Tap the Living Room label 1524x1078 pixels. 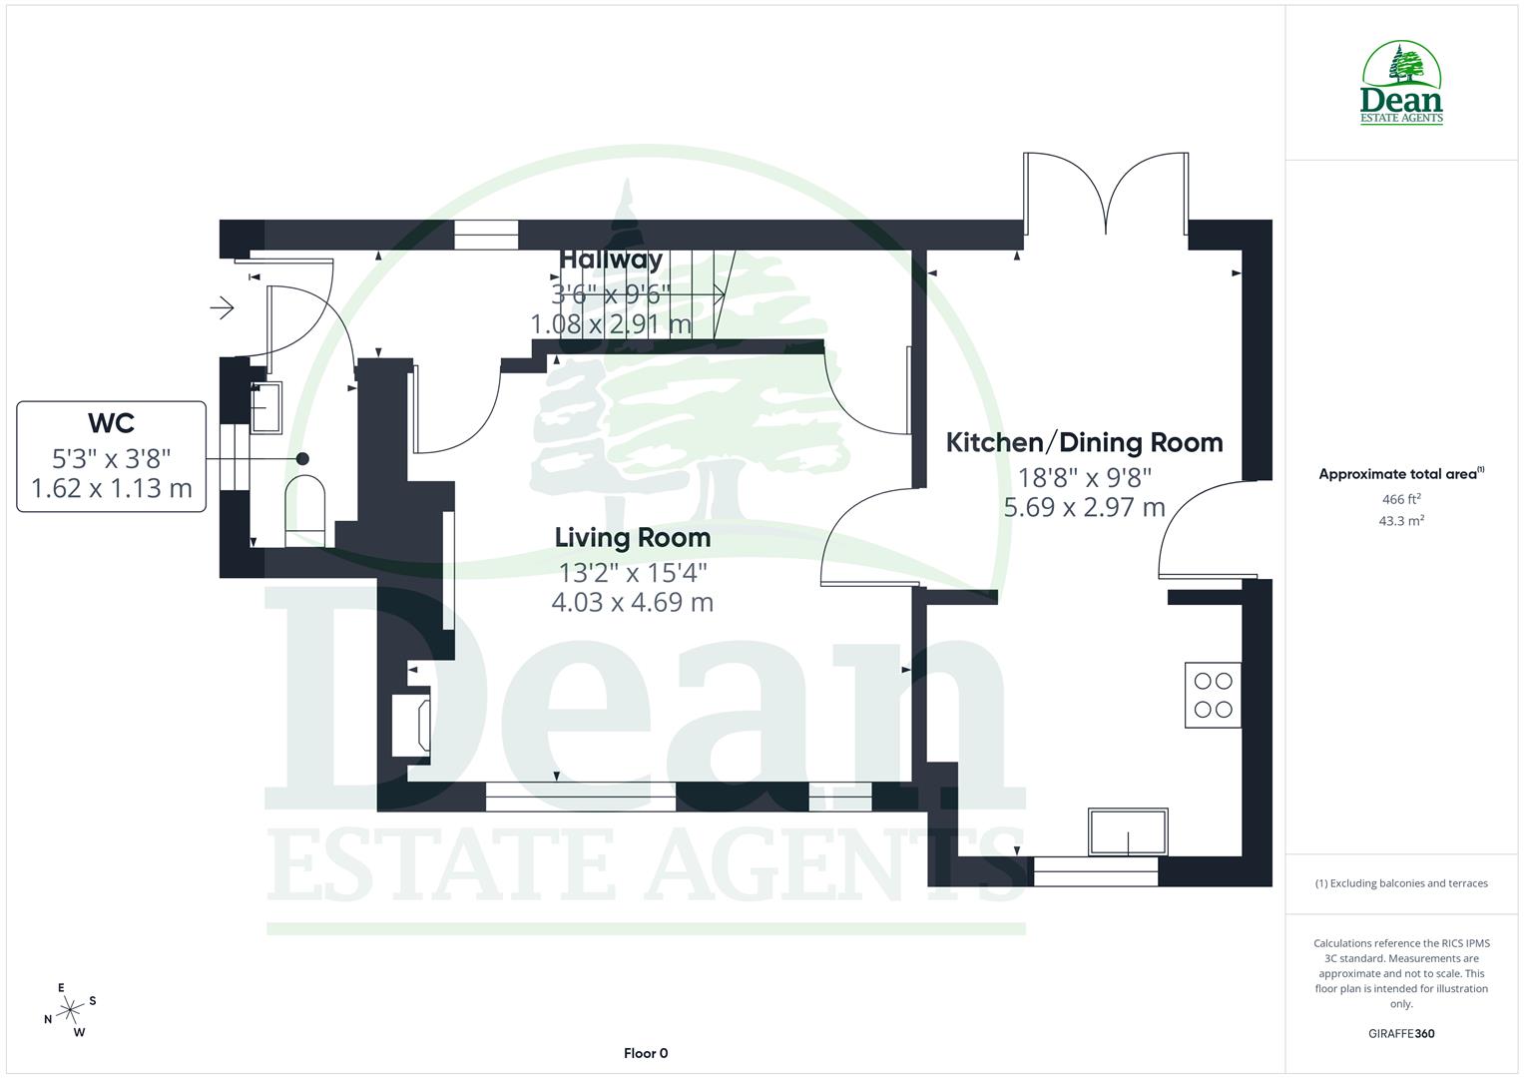click(x=633, y=538)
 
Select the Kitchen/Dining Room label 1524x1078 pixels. click(x=1084, y=442)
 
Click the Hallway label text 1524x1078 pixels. click(x=611, y=260)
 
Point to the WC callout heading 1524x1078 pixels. click(x=111, y=423)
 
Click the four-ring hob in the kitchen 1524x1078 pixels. click(x=1213, y=695)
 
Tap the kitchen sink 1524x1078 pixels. click(x=1128, y=832)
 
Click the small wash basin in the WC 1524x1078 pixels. click(x=265, y=407)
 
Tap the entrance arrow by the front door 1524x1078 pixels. click(x=222, y=308)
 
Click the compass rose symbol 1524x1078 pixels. click(x=70, y=1010)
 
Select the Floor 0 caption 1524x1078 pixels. click(x=645, y=1053)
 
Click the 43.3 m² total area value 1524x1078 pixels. click(x=1401, y=520)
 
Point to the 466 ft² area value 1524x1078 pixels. click(x=1401, y=499)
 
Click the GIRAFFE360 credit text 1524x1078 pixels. click(x=1401, y=1033)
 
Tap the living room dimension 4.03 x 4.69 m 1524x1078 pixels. click(x=633, y=602)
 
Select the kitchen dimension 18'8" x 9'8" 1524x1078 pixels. click(x=1084, y=477)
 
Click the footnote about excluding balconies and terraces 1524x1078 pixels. click(x=1401, y=883)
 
